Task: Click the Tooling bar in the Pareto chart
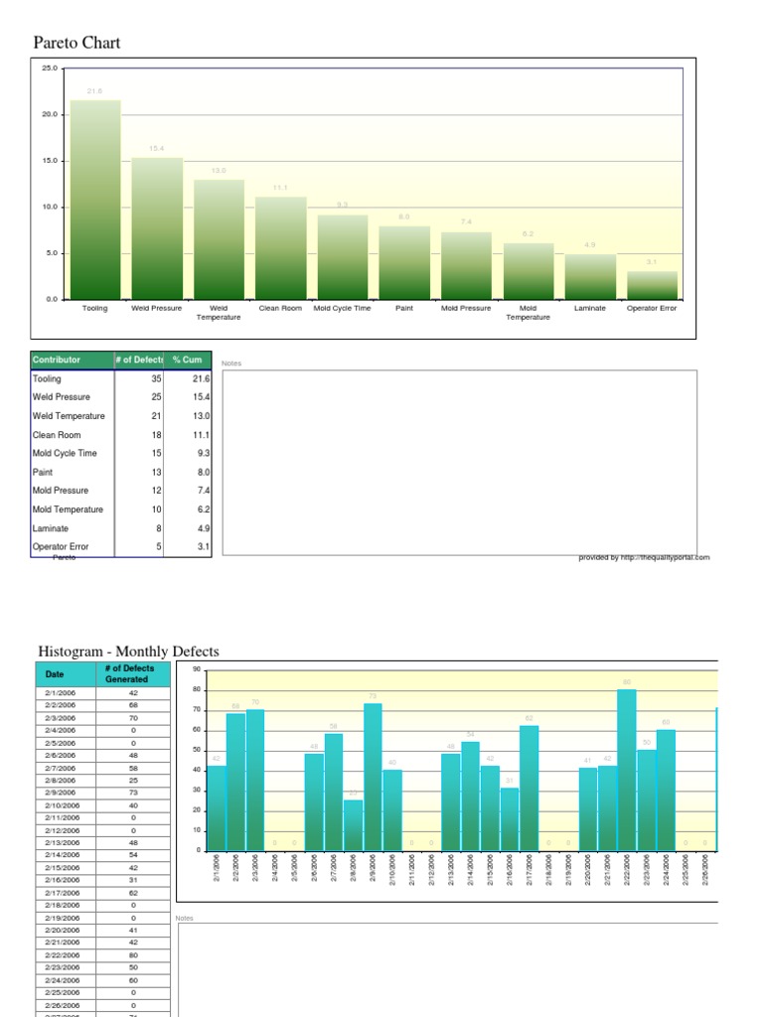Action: click(95, 200)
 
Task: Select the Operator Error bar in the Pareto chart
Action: click(652, 285)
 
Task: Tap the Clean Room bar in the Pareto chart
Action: click(280, 248)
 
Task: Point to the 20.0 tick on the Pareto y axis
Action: click(49, 114)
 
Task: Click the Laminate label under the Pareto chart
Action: click(589, 309)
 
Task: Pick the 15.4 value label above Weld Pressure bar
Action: click(157, 149)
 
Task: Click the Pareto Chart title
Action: click(76, 43)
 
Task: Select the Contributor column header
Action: click(57, 360)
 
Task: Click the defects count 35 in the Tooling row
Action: click(156, 378)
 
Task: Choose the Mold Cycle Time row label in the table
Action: click(65, 453)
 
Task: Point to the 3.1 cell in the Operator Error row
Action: click(202, 546)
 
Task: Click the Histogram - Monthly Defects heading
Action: click(128, 652)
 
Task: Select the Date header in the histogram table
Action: click(54, 673)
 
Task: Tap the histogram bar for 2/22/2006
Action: click(626, 770)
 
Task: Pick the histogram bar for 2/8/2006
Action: click(354, 825)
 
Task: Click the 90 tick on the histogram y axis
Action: click(196, 669)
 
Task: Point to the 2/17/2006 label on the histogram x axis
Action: click(531, 874)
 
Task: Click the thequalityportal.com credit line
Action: click(644, 558)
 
